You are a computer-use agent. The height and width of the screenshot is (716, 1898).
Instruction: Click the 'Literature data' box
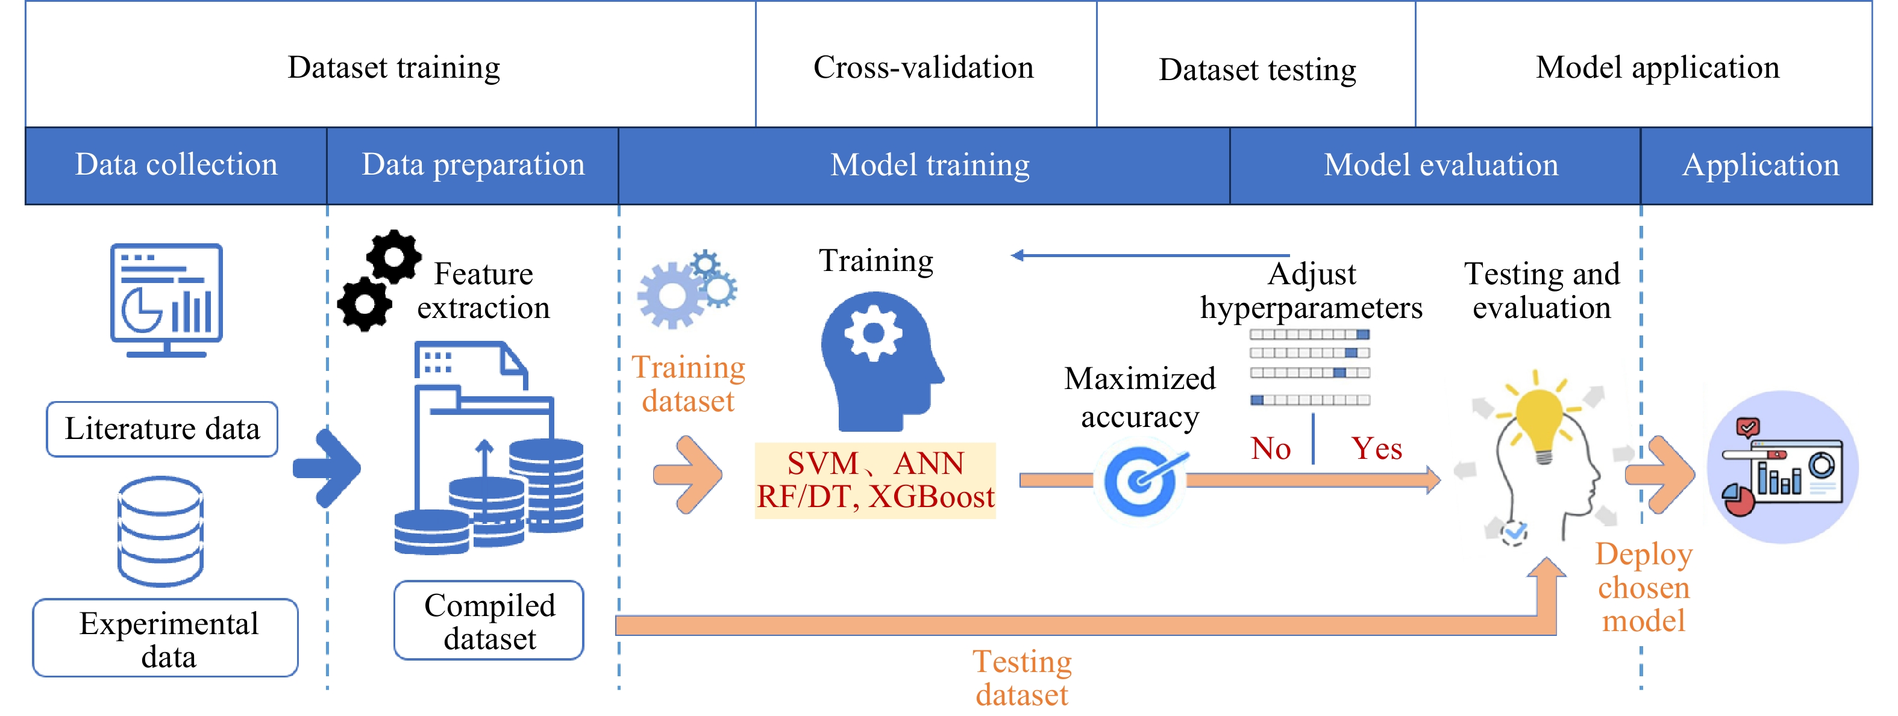click(x=162, y=429)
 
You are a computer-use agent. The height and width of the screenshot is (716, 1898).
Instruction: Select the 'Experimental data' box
click(x=166, y=638)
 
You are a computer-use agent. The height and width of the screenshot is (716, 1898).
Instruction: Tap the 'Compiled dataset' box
click(x=489, y=620)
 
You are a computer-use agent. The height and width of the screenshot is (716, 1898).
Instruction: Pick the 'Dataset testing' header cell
click(x=1256, y=68)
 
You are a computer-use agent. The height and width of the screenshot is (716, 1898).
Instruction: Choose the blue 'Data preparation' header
click(x=472, y=166)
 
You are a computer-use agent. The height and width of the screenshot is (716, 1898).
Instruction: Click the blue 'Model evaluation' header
click(x=1441, y=166)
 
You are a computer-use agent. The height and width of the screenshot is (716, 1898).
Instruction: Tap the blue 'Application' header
click(x=1759, y=166)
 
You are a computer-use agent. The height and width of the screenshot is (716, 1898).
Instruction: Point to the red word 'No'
click(x=1270, y=449)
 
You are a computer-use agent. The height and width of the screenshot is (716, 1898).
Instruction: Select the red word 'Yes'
click(x=1376, y=449)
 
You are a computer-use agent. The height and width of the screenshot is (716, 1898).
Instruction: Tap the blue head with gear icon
click(x=879, y=361)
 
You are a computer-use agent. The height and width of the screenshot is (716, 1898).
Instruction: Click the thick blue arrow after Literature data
click(x=328, y=469)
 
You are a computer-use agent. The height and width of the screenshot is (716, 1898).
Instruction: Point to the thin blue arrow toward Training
click(x=1150, y=255)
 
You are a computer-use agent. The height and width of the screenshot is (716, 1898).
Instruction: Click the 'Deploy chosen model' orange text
click(x=1643, y=587)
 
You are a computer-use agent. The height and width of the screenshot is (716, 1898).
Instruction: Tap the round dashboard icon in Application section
click(x=1782, y=468)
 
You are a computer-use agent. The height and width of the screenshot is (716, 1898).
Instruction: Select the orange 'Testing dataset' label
click(x=1022, y=677)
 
